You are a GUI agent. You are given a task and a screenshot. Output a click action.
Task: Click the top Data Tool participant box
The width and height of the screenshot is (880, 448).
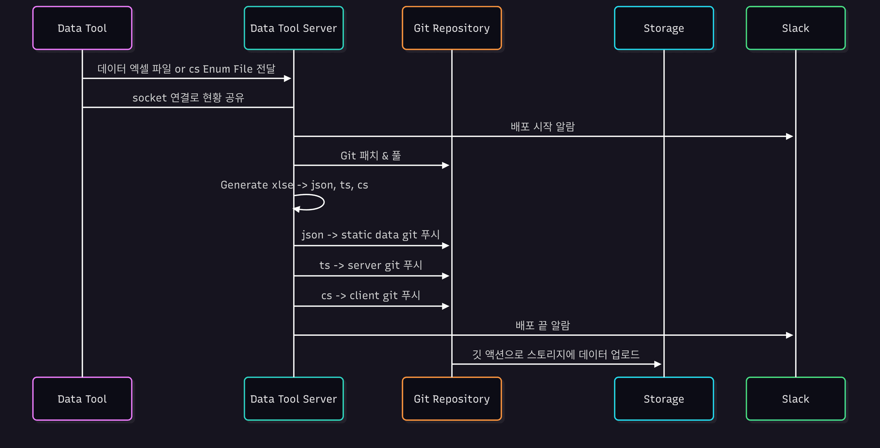pos(82,28)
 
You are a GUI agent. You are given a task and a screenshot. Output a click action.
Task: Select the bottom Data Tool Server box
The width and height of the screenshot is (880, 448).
pos(293,399)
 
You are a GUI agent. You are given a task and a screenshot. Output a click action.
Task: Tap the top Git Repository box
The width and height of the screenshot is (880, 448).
pos(451,28)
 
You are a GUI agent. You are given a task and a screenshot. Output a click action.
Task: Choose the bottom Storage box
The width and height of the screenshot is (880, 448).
pos(664,399)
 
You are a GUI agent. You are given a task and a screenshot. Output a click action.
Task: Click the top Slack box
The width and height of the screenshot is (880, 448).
pos(795,28)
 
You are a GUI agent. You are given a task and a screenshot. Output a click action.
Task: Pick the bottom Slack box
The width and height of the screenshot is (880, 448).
pos(795,399)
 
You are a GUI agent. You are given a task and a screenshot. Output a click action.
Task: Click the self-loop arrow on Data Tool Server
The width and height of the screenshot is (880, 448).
pos(316,202)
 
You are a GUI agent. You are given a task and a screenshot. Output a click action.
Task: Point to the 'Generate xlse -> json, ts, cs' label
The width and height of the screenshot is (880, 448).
pos(294,185)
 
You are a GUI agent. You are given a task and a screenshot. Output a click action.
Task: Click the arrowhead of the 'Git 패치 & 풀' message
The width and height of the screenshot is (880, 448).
pos(445,165)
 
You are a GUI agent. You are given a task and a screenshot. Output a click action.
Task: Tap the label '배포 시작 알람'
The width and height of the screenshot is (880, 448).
pos(543,127)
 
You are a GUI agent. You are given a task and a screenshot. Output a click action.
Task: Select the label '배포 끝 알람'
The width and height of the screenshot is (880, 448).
pos(543,326)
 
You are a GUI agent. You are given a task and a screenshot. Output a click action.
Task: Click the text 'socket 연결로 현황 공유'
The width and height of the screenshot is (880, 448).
pos(188,98)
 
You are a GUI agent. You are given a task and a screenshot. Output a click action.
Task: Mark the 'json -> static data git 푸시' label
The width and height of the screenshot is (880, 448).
pos(370,235)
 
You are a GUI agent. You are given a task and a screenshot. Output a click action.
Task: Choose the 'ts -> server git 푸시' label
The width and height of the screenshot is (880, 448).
pos(370,265)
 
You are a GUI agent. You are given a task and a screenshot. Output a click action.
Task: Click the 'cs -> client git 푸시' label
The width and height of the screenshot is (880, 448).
pos(370,295)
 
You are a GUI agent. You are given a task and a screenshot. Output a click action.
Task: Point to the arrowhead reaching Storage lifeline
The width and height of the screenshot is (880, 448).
pos(658,364)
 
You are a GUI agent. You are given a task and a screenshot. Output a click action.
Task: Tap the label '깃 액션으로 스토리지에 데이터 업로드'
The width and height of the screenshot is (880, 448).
pos(555,355)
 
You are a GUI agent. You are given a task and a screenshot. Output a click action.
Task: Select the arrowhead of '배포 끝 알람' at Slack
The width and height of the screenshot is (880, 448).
pos(790,335)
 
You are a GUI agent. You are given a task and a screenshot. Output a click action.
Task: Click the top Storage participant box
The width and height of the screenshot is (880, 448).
pos(664,28)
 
